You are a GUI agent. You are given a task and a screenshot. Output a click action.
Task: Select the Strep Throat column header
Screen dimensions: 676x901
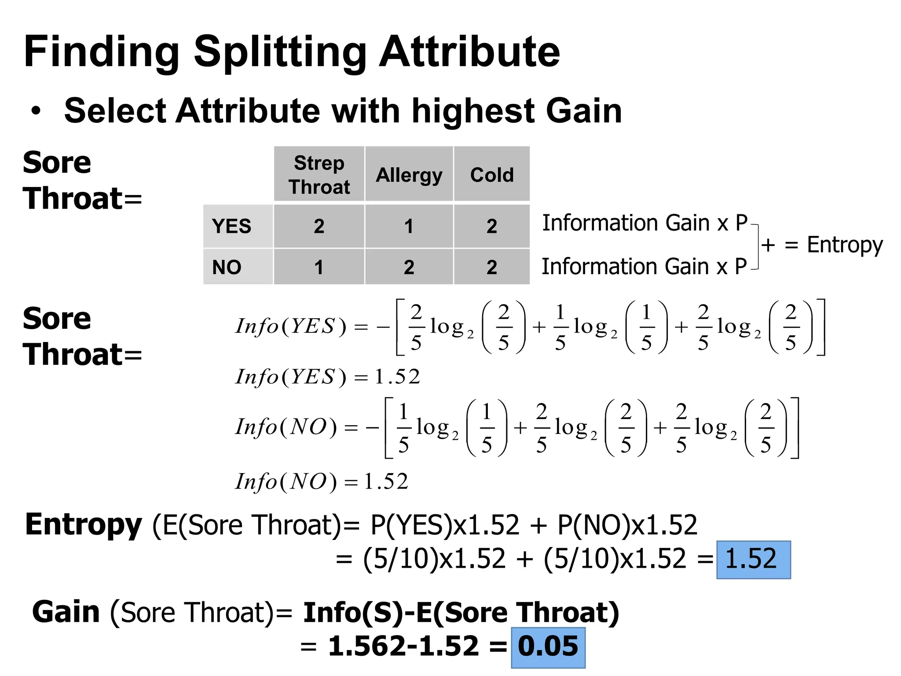tap(319, 174)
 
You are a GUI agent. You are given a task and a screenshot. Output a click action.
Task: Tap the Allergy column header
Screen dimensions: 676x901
tap(409, 175)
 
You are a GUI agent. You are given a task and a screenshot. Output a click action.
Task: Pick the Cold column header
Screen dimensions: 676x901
tap(492, 175)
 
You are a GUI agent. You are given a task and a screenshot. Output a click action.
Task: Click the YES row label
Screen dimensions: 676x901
tap(231, 226)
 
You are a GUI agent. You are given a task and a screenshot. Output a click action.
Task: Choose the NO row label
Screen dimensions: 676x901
tap(227, 267)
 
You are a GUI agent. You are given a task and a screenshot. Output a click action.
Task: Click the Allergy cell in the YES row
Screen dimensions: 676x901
tap(409, 226)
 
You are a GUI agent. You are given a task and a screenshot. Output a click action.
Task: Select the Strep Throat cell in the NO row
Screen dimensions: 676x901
tap(319, 267)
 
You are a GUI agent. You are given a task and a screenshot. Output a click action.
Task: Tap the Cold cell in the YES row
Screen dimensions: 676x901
tap(492, 226)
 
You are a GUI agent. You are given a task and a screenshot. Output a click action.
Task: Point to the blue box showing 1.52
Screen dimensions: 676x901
tap(753, 559)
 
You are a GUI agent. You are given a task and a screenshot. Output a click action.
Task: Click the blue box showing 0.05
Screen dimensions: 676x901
tap(548, 647)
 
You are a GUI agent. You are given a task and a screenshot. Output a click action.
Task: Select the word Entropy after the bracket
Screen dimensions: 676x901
tap(845, 245)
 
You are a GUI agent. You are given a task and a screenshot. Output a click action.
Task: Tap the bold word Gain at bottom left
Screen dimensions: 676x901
tap(66, 612)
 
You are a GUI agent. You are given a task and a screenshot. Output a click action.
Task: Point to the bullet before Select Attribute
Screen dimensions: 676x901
tap(36, 111)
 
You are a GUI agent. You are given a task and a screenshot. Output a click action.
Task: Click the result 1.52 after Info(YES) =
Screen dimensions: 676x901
tap(397, 377)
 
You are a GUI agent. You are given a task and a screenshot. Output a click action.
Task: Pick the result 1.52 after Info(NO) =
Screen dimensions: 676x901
tap(386, 481)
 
